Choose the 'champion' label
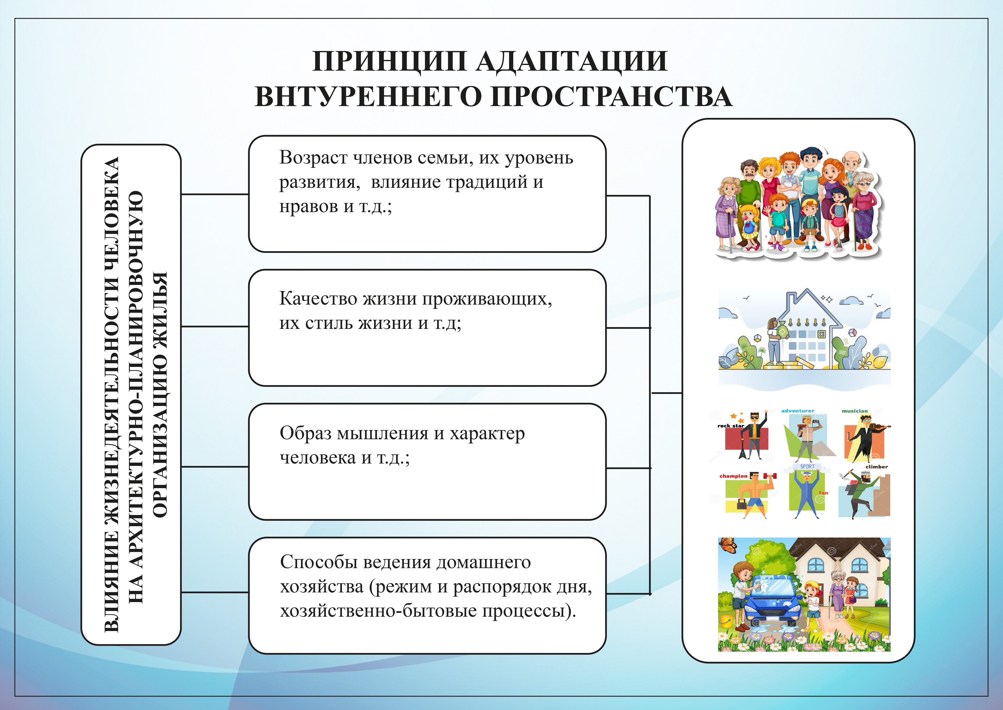(x=733, y=476)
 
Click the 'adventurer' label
(x=798, y=411)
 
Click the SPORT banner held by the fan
(x=807, y=467)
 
